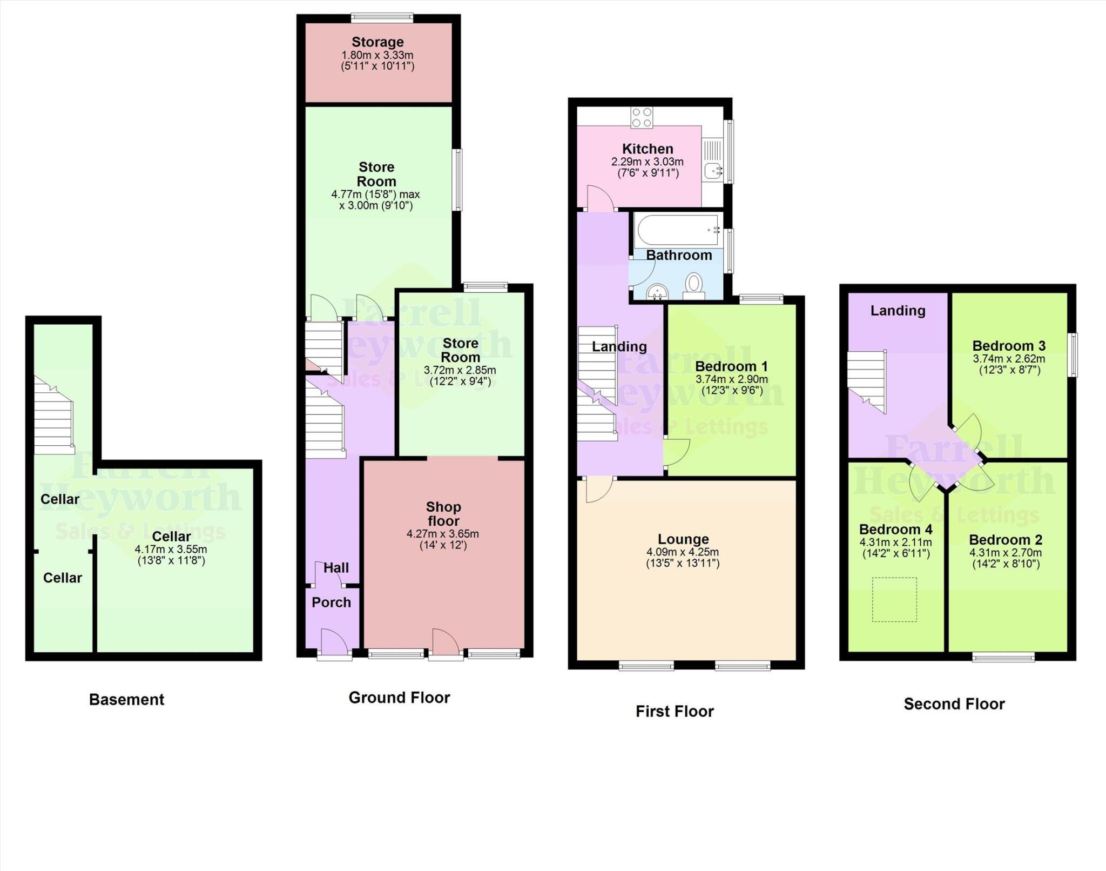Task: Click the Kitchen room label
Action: point(648,149)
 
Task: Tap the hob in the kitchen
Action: point(642,118)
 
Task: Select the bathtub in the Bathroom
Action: point(678,230)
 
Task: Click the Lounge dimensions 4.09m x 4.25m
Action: point(683,552)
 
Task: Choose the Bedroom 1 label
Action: point(731,366)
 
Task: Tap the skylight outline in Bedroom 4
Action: point(894,599)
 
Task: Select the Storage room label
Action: point(377,42)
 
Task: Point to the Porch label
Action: point(331,602)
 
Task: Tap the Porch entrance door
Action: point(335,645)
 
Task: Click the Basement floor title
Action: point(126,700)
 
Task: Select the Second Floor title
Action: point(954,704)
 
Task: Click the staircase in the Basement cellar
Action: point(53,415)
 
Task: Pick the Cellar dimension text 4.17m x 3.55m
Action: point(171,550)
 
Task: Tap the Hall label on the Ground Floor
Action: point(336,568)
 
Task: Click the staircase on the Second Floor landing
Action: point(866,381)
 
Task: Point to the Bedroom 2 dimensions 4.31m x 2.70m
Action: point(1005,553)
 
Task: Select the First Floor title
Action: point(675,711)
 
